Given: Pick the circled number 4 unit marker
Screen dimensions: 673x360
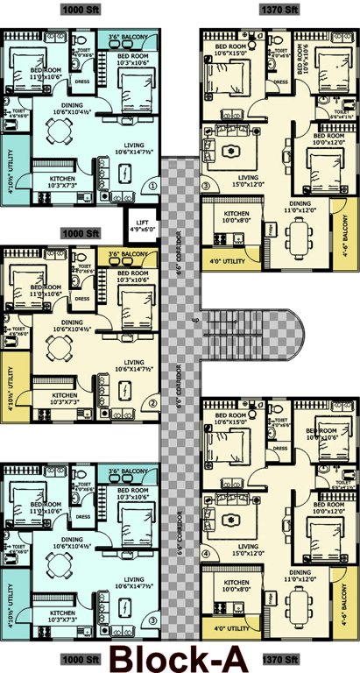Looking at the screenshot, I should point(207,554).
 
